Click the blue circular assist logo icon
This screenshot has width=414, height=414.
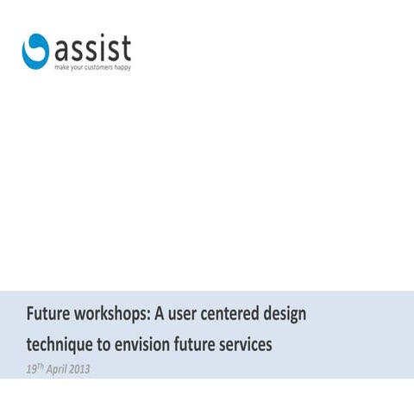[x=36, y=49]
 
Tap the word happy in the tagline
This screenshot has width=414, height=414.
[x=121, y=67]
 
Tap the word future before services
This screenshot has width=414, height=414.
[x=195, y=345]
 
